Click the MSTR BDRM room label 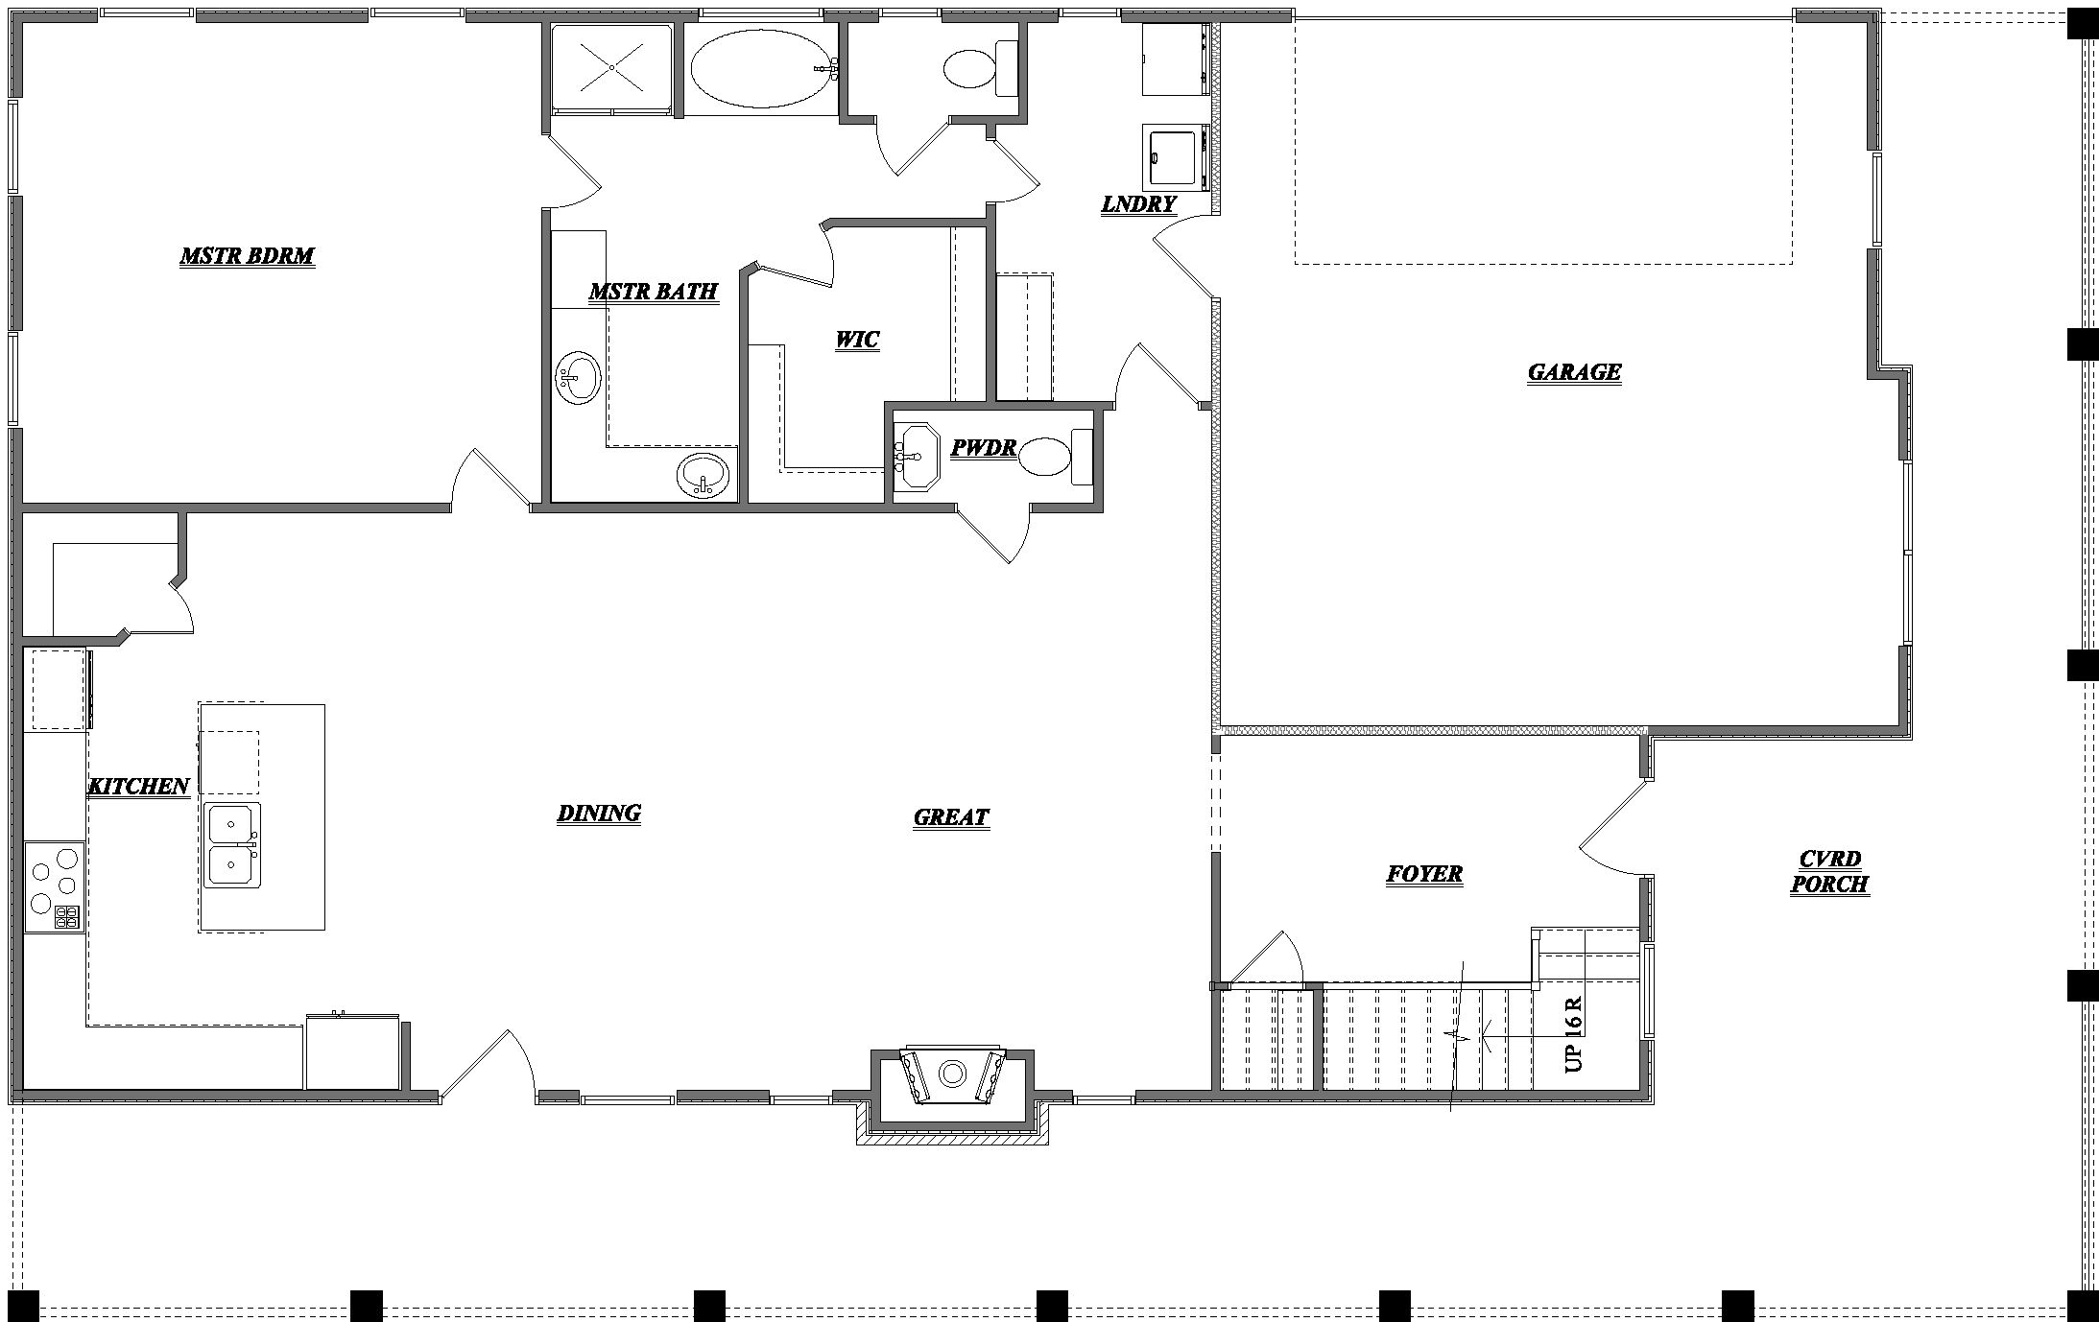[247, 256]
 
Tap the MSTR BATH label [653, 292]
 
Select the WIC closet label [856, 340]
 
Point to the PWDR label [983, 448]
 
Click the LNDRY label [1138, 204]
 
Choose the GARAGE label [1574, 372]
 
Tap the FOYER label [1424, 874]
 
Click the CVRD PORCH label [1829, 872]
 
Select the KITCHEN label [138, 787]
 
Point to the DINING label [599, 814]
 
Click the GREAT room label [950, 817]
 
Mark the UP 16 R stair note [1573, 1034]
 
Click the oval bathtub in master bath [759, 65]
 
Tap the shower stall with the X [611, 68]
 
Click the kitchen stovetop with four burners [55, 886]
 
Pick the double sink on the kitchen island [233, 844]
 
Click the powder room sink [916, 457]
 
